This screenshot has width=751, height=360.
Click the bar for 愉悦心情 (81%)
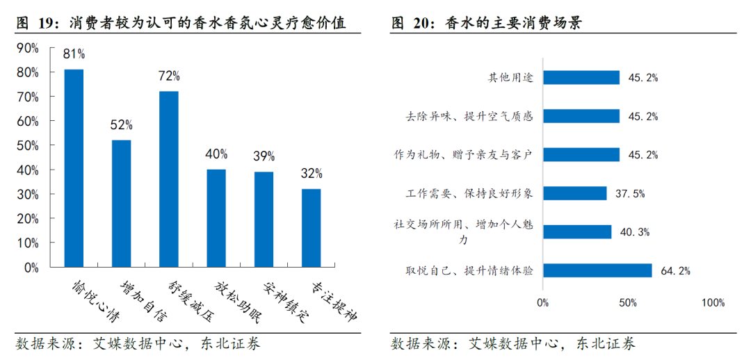coord(74,167)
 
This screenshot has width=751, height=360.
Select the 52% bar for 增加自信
coord(121,203)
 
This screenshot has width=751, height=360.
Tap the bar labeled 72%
coord(168,179)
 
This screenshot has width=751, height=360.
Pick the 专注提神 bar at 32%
coord(311,227)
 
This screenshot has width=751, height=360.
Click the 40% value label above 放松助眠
coord(216,154)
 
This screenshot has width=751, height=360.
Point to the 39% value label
coord(264,156)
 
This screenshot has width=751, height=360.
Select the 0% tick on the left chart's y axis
coord(32,267)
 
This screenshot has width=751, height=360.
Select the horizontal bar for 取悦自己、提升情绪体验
coord(597,270)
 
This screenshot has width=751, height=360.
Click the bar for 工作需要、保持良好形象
coord(574,193)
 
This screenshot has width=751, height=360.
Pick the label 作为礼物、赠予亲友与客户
coord(463,155)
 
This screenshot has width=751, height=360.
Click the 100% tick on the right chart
coord(713,303)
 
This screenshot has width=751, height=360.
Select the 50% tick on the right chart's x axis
coord(628,303)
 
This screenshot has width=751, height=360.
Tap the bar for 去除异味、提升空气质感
coord(581,116)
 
